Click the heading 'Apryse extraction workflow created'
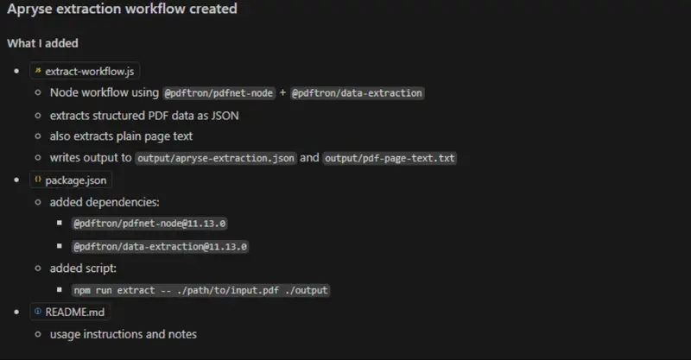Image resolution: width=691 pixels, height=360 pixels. point(122,9)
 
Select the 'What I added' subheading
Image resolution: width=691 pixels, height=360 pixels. point(42,43)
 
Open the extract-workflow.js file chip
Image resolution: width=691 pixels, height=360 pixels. point(85,71)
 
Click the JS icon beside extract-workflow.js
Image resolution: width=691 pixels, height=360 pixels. point(38,70)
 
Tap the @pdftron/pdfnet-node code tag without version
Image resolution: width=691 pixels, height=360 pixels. point(219,93)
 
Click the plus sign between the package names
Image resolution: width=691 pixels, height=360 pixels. point(282,92)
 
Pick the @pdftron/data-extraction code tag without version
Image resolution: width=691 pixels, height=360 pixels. point(357,93)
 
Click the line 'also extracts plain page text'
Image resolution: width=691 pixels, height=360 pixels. point(121,136)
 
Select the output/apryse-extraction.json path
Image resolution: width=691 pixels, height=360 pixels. point(216,158)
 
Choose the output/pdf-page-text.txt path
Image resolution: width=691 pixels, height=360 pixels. point(390,158)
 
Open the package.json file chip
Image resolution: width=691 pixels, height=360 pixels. point(71,180)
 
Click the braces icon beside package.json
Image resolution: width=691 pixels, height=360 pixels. point(38,180)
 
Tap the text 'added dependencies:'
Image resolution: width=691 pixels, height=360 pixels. point(105,202)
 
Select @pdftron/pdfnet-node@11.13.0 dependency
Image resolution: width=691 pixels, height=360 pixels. point(149,224)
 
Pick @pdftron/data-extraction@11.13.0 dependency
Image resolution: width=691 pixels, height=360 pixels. point(160,246)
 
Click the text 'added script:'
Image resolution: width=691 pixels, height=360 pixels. point(83,268)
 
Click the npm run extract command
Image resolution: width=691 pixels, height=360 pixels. point(200,290)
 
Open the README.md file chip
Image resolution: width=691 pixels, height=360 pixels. point(70,312)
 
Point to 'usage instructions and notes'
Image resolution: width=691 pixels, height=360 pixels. point(123,334)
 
